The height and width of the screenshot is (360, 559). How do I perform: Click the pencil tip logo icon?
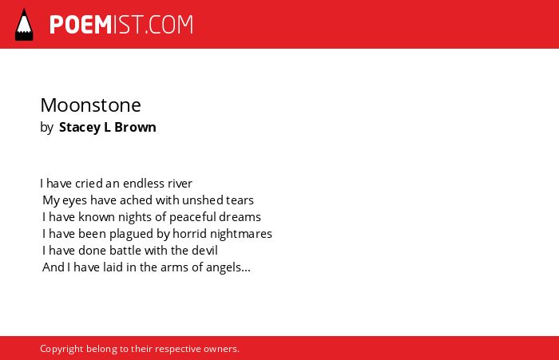pos(24,24)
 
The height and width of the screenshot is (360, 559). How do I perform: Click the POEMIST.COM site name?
pos(121,25)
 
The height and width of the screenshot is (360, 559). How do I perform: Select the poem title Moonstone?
pos(90,105)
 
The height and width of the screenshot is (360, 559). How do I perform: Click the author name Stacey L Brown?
pos(107,127)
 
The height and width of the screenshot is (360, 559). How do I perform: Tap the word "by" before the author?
pos(46,128)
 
